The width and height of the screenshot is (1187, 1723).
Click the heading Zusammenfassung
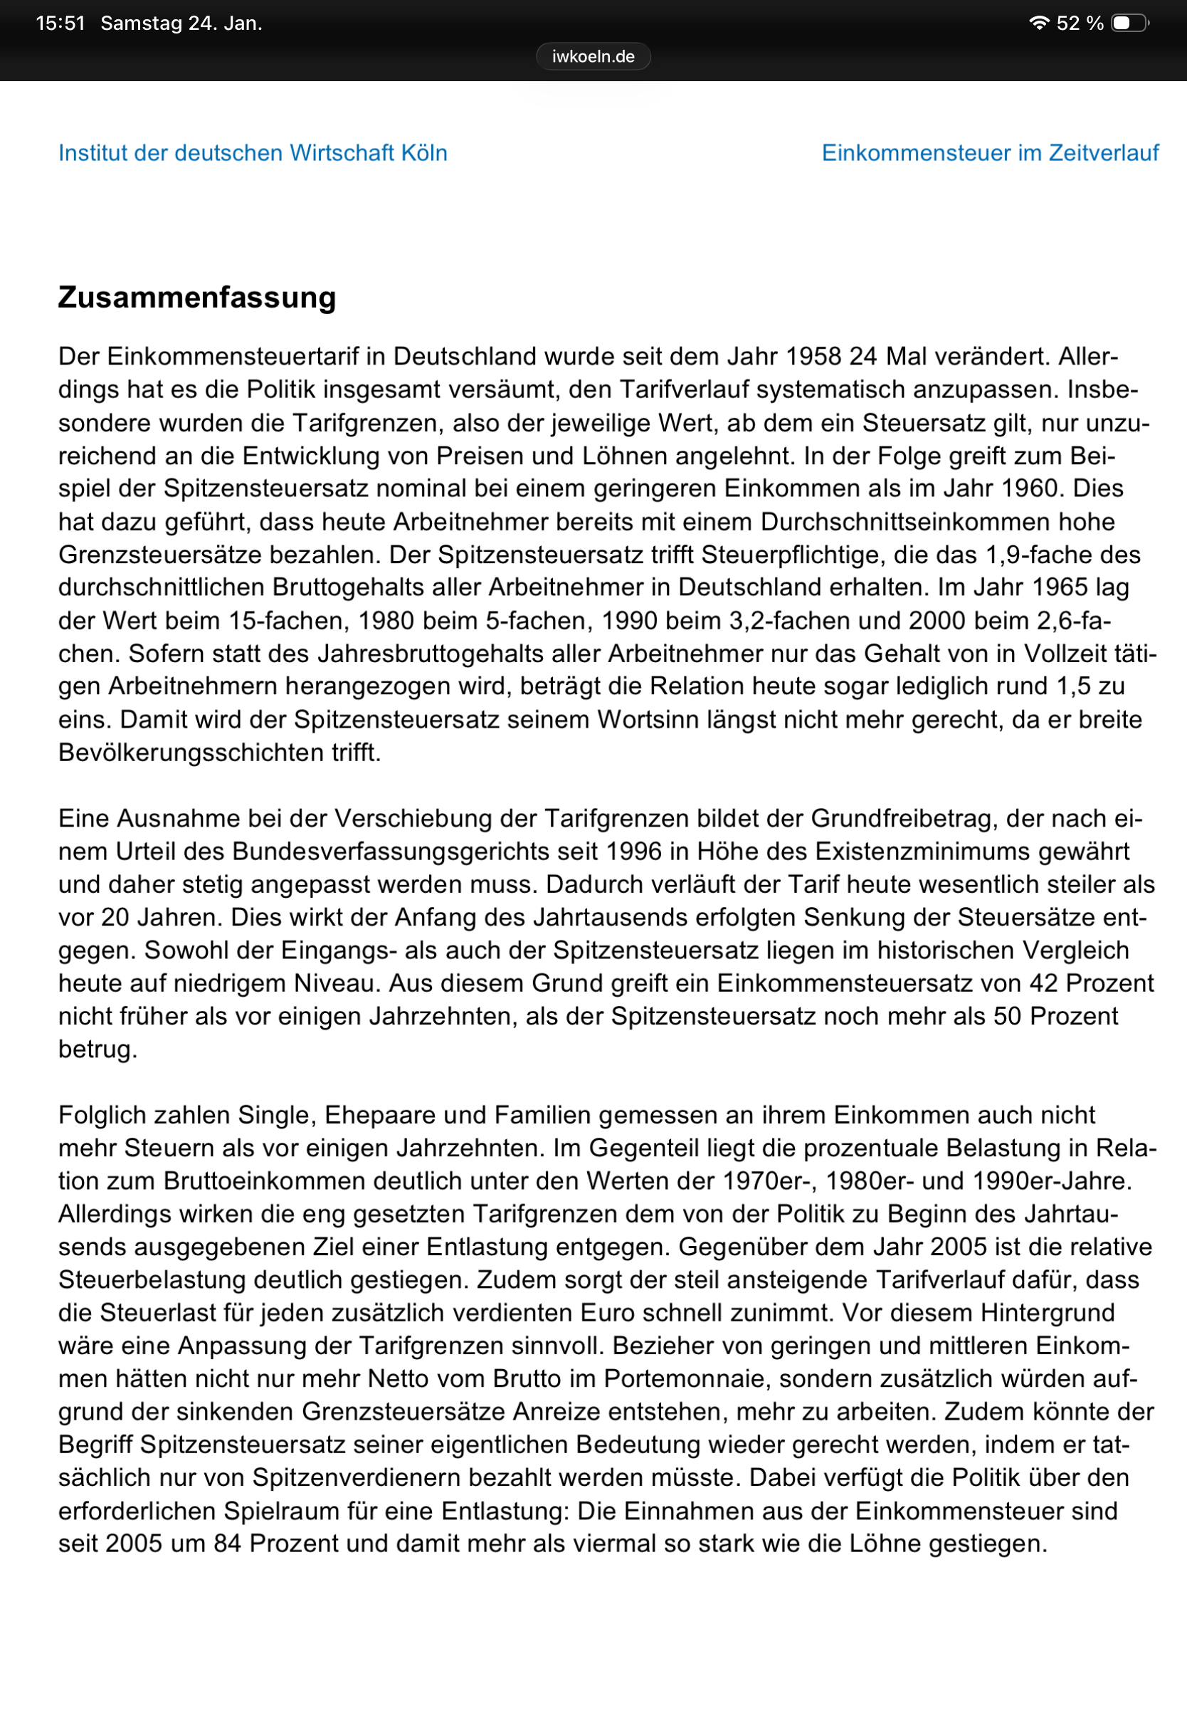[197, 298]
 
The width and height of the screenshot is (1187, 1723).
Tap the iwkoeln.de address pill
[593, 56]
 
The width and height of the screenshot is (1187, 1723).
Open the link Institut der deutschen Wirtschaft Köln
[253, 152]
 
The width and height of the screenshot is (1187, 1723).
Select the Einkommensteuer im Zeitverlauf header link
[989, 152]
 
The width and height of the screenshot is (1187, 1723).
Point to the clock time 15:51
[60, 23]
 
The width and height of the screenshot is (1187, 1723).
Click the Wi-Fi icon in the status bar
[1038, 23]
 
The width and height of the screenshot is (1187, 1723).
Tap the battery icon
[1129, 23]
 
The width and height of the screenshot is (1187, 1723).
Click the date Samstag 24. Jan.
[181, 23]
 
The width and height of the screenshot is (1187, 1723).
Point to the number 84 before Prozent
[228, 1543]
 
